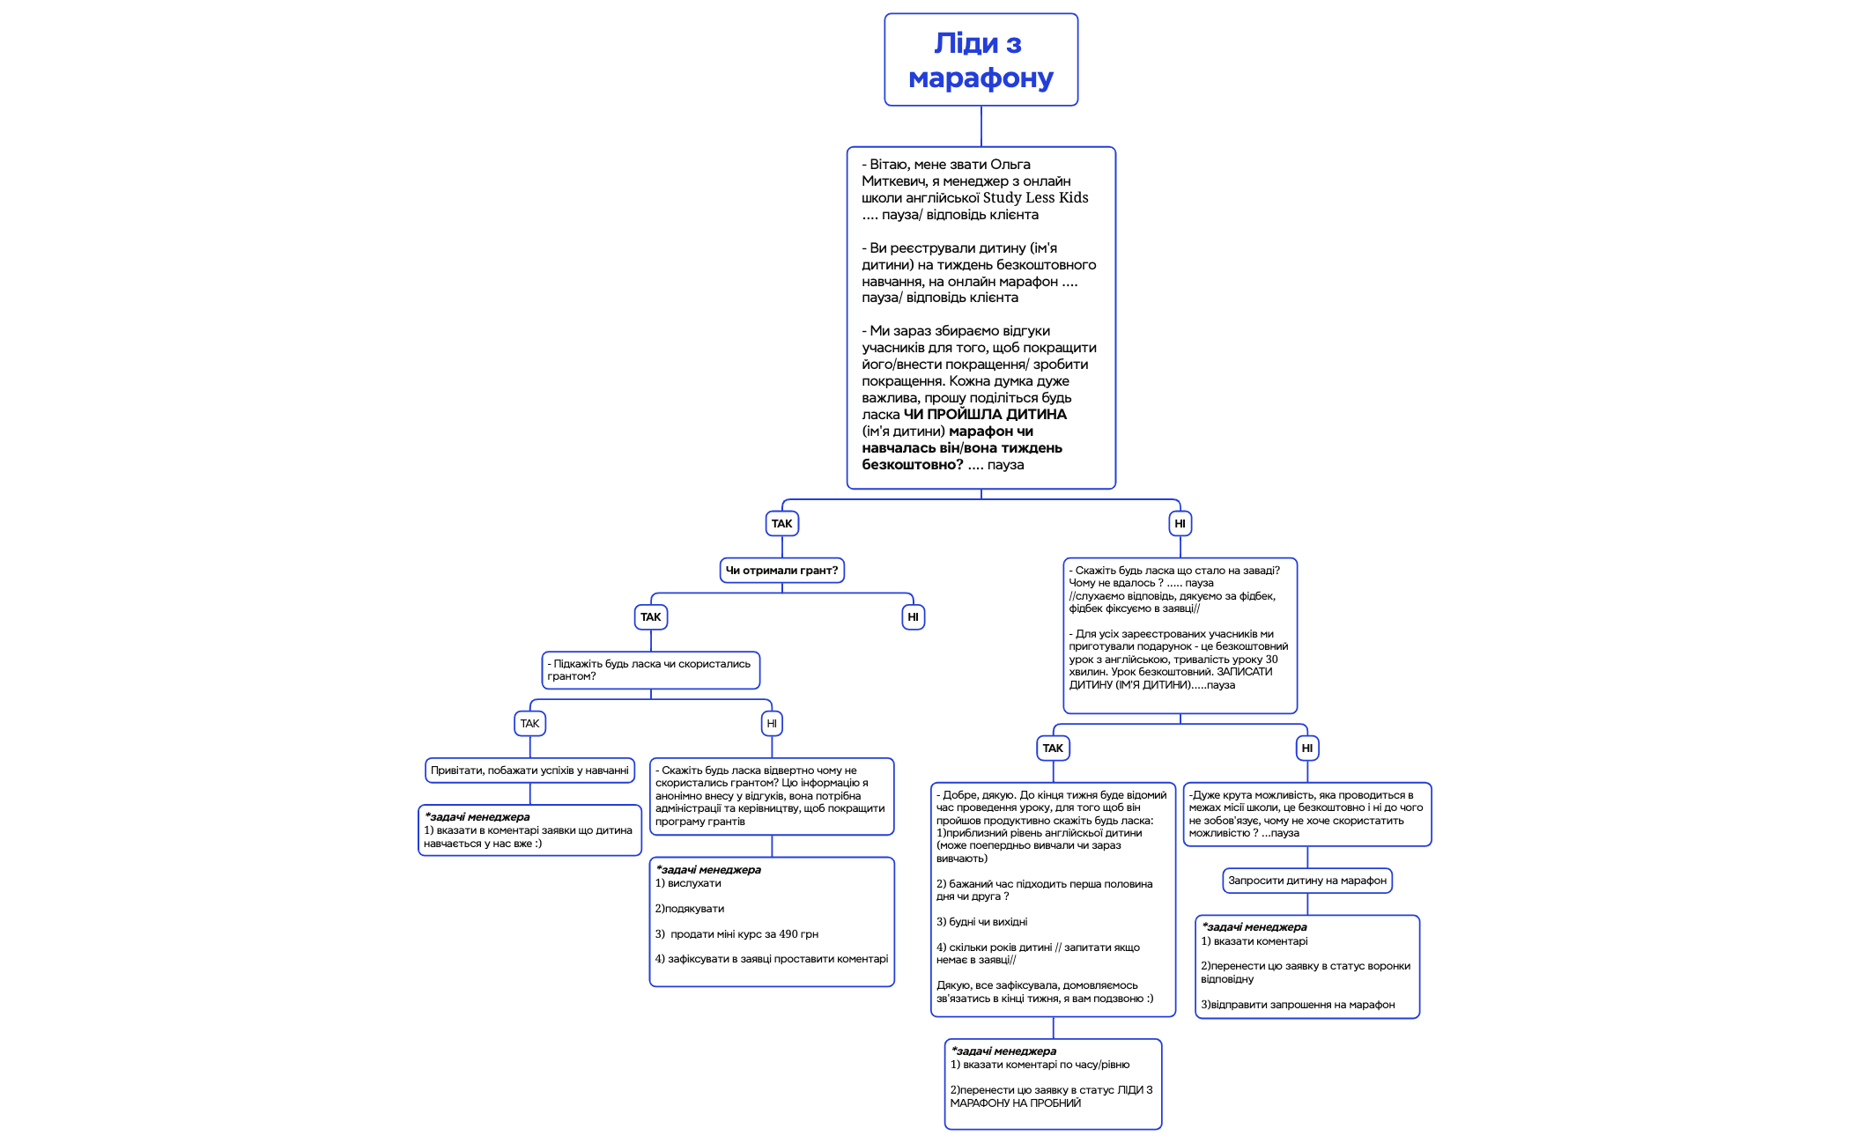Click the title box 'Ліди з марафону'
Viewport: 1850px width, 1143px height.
tap(980, 60)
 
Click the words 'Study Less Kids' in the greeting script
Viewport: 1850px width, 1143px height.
tap(1035, 198)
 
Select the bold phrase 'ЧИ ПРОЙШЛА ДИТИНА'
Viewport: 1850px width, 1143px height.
tap(985, 414)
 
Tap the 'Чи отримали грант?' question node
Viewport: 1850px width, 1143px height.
tap(781, 571)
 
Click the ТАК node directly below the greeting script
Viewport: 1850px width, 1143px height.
tap(781, 524)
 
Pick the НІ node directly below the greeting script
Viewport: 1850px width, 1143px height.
tap(1180, 524)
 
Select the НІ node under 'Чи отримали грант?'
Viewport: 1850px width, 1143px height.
tap(913, 617)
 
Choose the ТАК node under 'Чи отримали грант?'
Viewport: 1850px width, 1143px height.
tap(650, 617)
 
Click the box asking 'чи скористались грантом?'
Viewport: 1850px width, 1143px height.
tap(650, 670)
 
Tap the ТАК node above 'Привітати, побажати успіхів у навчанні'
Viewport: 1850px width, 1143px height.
tap(529, 724)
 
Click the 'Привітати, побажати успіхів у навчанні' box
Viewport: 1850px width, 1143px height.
tap(529, 771)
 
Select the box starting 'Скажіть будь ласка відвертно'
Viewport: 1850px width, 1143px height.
tap(772, 796)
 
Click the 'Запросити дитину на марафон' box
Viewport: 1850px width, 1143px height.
tap(1307, 881)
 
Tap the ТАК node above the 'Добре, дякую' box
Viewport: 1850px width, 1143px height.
tap(1053, 748)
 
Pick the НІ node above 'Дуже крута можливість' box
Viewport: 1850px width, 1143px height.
tap(1307, 748)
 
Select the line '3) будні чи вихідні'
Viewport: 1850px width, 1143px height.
tap(981, 922)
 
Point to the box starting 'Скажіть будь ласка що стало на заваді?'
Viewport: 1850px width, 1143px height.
tap(1180, 635)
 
